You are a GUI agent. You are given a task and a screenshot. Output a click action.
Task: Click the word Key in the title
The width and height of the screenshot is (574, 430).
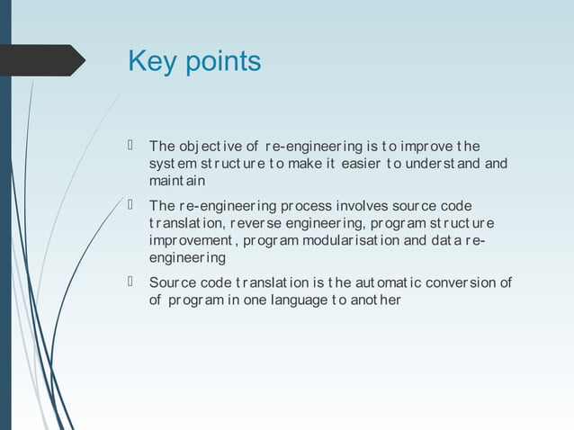[155, 61]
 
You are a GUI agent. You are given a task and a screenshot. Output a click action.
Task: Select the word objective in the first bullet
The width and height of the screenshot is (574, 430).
[209, 147]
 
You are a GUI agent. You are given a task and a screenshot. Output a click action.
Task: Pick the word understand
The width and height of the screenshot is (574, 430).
[434, 164]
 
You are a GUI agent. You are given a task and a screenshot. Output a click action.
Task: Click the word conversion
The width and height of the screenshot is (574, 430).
[457, 282]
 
